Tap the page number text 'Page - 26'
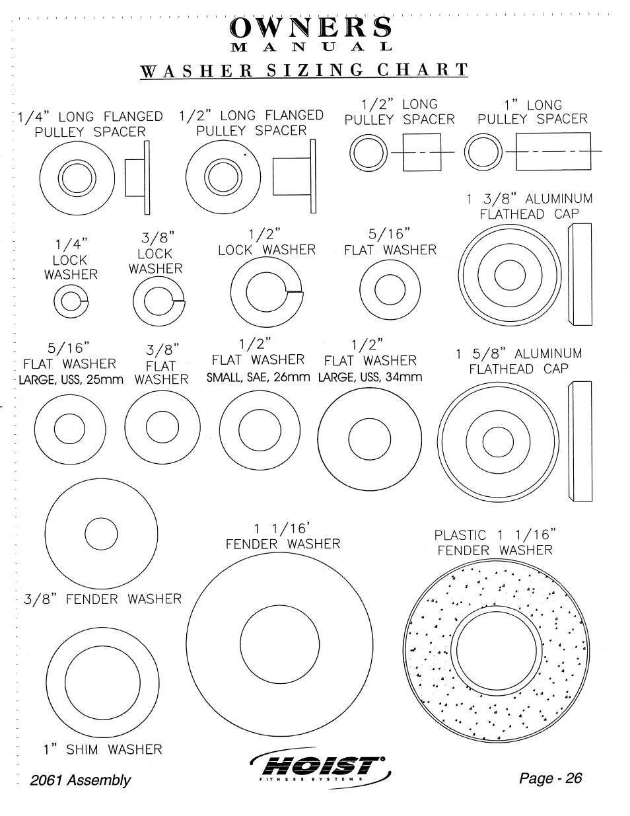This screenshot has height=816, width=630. [x=551, y=778]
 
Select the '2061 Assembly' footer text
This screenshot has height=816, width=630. [x=81, y=780]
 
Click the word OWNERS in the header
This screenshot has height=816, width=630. [x=311, y=27]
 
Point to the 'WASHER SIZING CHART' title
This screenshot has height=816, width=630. [x=304, y=70]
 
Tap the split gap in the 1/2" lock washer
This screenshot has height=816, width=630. [x=294, y=291]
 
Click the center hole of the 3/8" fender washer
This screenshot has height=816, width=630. [x=101, y=534]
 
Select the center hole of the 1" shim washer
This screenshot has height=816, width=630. [x=102, y=683]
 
